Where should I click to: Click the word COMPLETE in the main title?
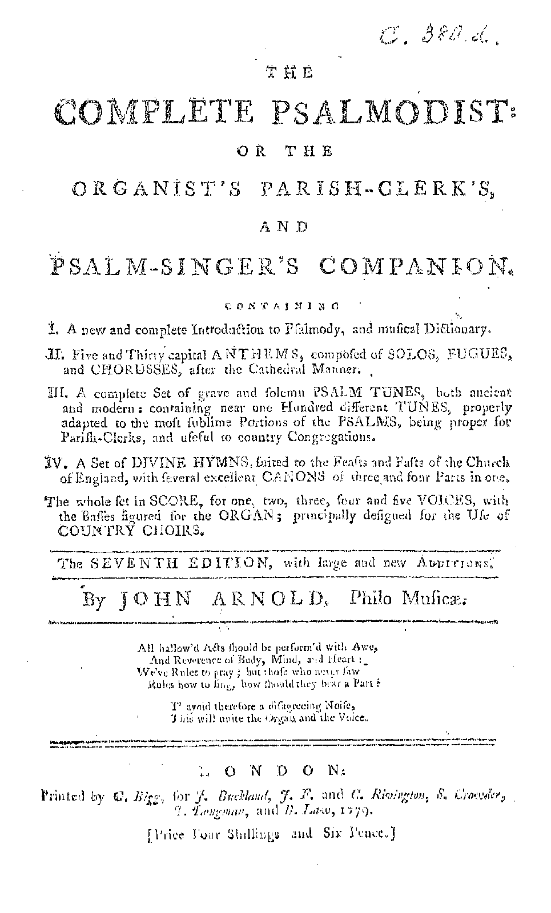click(x=155, y=112)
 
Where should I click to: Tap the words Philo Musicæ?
click(x=407, y=600)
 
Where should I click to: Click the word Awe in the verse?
click(x=366, y=648)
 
